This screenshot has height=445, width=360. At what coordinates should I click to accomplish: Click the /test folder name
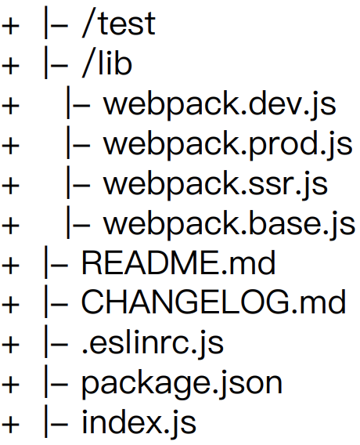[118, 24]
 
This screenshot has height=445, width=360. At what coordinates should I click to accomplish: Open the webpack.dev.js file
[220, 104]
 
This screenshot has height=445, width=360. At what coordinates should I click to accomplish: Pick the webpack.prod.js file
[228, 144]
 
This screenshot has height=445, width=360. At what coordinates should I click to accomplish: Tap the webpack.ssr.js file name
[215, 184]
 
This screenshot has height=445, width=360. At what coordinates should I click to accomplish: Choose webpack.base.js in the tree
[229, 224]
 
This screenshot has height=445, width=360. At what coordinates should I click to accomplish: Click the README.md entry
[178, 262]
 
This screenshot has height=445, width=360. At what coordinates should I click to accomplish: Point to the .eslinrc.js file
[153, 342]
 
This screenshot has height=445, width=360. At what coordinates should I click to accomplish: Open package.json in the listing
[182, 383]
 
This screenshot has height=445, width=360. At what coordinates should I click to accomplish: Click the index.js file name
[139, 422]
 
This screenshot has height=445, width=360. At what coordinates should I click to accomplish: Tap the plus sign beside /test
[10, 26]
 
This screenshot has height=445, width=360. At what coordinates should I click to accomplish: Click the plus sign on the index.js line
[10, 425]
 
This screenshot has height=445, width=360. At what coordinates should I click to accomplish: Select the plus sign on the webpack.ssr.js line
[10, 186]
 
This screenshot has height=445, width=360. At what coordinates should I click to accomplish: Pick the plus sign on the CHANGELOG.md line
[10, 305]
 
